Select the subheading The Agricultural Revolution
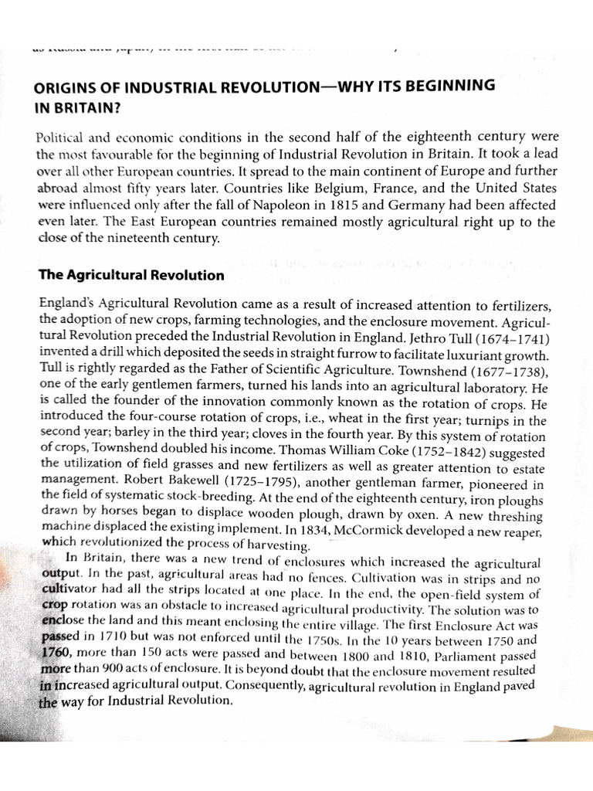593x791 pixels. (x=131, y=275)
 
